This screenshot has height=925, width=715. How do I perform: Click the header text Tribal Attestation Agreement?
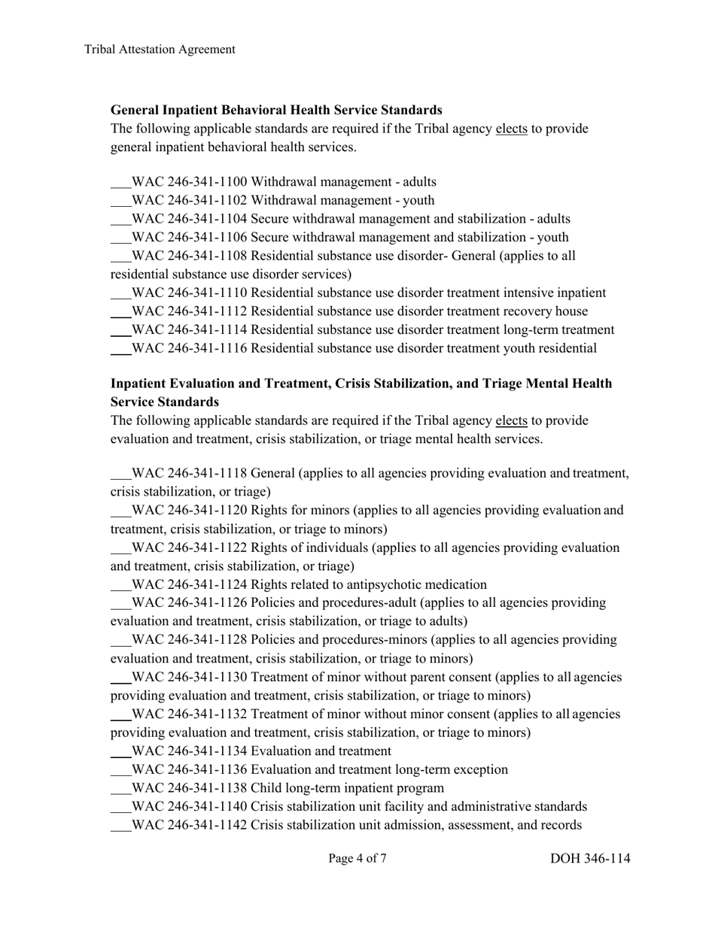pyautogui.click(x=160, y=50)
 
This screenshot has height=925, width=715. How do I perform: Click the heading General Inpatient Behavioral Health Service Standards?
pyautogui.click(x=276, y=110)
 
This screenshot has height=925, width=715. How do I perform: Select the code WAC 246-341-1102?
pyautogui.click(x=189, y=201)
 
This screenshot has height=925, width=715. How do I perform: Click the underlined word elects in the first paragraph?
pyautogui.click(x=511, y=129)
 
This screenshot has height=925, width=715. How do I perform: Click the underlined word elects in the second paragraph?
pyautogui.click(x=511, y=420)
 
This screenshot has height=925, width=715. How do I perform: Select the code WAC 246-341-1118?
pyautogui.click(x=189, y=474)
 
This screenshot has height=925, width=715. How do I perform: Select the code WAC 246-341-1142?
pyautogui.click(x=189, y=825)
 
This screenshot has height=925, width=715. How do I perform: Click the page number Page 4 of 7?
pyautogui.click(x=357, y=858)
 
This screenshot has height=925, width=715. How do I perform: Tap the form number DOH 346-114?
pyautogui.click(x=590, y=859)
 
